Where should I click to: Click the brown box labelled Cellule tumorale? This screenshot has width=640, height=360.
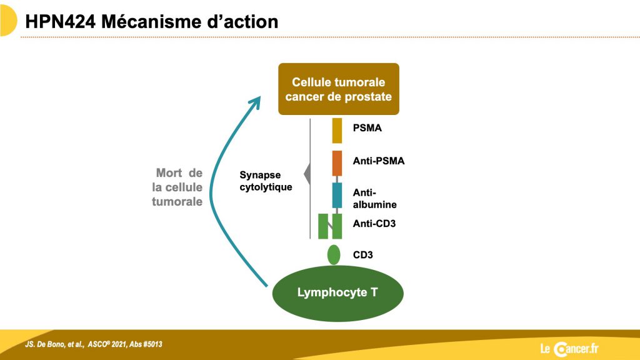pos(338,89)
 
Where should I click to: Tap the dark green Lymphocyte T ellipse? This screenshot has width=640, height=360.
pos(337,293)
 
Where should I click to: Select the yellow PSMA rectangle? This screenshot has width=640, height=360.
pos(337,131)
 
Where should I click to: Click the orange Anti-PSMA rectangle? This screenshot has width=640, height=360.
pos(337,163)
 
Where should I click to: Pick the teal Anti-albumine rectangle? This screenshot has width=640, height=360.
pos(337,195)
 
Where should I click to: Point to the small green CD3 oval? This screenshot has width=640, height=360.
pos(334,255)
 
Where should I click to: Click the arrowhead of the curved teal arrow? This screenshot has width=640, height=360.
pos(256,101)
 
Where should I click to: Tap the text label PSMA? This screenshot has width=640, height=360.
pos(367,127)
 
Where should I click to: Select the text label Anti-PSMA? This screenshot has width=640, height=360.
pos(379,161)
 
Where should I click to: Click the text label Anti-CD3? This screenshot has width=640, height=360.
pos(374,223)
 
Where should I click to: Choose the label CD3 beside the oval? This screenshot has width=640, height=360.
pos(363,255)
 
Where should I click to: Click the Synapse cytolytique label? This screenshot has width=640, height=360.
pos(266,181)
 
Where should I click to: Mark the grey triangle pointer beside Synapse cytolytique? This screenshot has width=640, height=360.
pos(307,174)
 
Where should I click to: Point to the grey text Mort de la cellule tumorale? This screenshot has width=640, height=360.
pos(177,187)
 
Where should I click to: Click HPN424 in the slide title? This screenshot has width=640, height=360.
pos(61,22)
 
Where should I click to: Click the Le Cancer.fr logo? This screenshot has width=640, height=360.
pos(569,349)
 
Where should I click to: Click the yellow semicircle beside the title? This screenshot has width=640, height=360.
pos(7,21)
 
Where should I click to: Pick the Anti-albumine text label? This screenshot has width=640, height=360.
pos(375,198)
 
